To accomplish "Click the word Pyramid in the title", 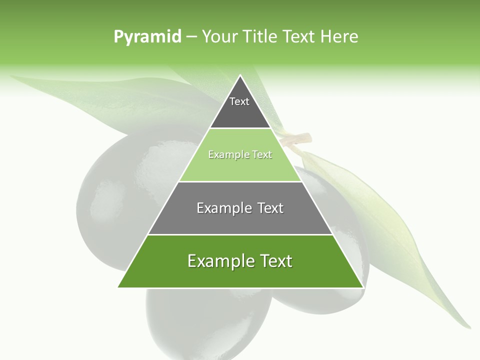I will (x=147, y=37).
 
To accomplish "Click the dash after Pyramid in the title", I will (x=191, y=37).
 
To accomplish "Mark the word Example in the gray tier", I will (x=220, y=208).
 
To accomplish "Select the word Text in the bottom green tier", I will (x=273, y=261).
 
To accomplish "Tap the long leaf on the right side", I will (x=395, y=235).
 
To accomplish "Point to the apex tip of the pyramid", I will (x=240, y=76).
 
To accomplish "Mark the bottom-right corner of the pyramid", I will (x=362, y=287).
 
